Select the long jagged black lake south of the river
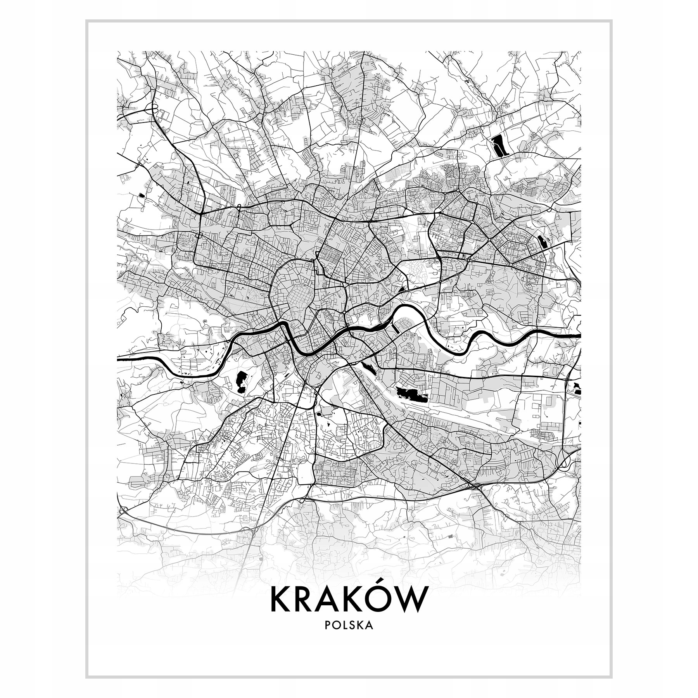click(411, 394)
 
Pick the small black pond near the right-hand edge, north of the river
click(542, 242)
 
